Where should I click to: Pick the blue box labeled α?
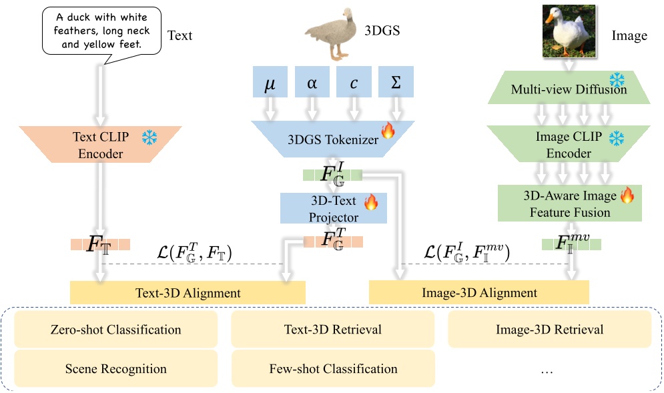[312, 83]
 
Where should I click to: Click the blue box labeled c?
[354, 83]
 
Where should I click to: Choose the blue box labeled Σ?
[396, 83]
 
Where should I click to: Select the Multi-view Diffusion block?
[569, 89]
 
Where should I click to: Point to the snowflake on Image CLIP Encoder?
[617, 138]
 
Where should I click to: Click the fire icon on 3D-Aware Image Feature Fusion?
[627, 195]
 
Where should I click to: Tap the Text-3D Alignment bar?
[187, 292]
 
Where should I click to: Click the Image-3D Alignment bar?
[479, 292]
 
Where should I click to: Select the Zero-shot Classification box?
[116, 330]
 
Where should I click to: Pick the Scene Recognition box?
[116, 368]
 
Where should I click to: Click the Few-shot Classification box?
[332, 368]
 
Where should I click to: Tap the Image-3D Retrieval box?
[549, 330]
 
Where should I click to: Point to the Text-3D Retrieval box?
[332, 330]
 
